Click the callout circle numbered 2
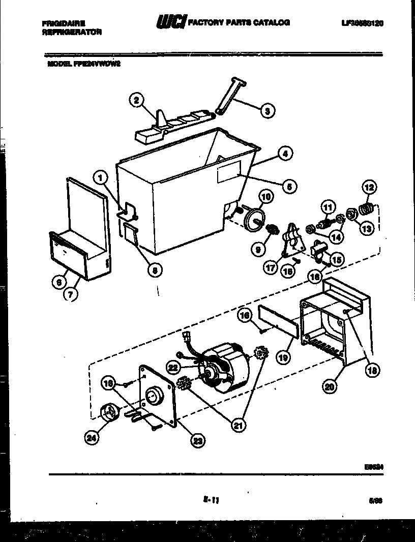coord(135,101)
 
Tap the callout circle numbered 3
coord(265,110)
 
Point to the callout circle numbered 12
coord(369,188)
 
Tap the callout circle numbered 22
coord(174,367)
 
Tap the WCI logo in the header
coord(171,22)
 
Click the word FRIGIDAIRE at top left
coord(64,23)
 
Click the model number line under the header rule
coord(85,64)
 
